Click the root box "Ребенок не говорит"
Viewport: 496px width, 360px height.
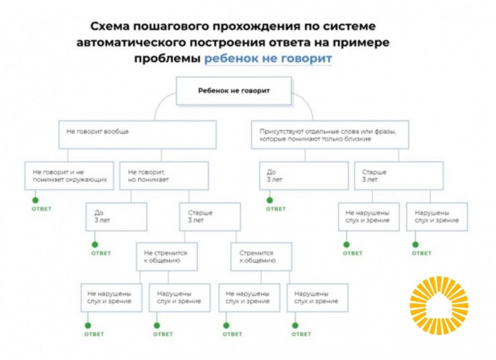(x=234, y=90)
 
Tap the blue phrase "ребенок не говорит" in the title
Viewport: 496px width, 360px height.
(x=268, y=58)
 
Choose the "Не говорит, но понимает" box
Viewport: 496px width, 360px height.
(x=163, y=175)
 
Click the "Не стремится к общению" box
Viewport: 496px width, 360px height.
(x=168, y=257)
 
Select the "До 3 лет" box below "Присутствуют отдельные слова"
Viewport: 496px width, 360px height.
(x=304, y=175)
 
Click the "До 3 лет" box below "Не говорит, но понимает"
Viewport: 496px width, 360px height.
(x=116, y=216)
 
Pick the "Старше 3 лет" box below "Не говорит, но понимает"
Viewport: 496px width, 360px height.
(x=208, y=216)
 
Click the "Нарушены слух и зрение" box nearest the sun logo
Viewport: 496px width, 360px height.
(x=436, y=216)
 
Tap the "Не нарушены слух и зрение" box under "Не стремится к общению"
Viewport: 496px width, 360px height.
(x=109, y=297)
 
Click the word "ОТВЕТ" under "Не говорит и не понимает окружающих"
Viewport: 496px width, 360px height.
(x=42, y=209)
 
